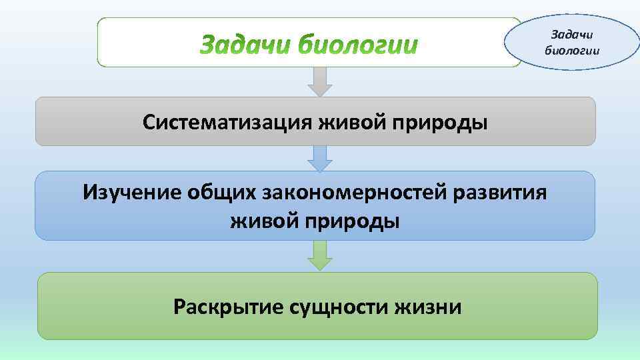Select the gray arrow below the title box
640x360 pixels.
321,81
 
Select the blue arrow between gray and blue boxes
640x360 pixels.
321,158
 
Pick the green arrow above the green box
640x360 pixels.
321,255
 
